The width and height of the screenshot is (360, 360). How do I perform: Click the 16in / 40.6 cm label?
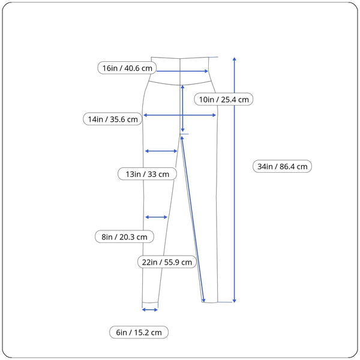(128, 68)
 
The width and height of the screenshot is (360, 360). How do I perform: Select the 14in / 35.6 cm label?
(113, 119)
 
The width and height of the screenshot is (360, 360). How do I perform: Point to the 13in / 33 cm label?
(147, 174)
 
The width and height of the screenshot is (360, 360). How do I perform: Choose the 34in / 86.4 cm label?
(282, 167)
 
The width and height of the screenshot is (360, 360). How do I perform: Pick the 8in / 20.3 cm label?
(124, 237)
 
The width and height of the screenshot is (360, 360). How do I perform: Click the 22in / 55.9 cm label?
(166, 262)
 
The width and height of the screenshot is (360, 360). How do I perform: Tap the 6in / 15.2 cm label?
(139, 332)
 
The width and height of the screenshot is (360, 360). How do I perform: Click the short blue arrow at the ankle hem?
(149, 310)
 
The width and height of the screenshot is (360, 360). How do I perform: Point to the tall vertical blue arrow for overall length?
(234, 180)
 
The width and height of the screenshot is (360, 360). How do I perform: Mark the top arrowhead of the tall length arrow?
(234, 59)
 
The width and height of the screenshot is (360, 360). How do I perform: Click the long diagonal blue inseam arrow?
(193, 219)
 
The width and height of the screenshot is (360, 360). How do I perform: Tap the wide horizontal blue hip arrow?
(179, 115)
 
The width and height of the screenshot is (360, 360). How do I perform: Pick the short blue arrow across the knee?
(156, 217)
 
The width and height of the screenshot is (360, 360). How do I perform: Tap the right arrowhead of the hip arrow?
(214, 115)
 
